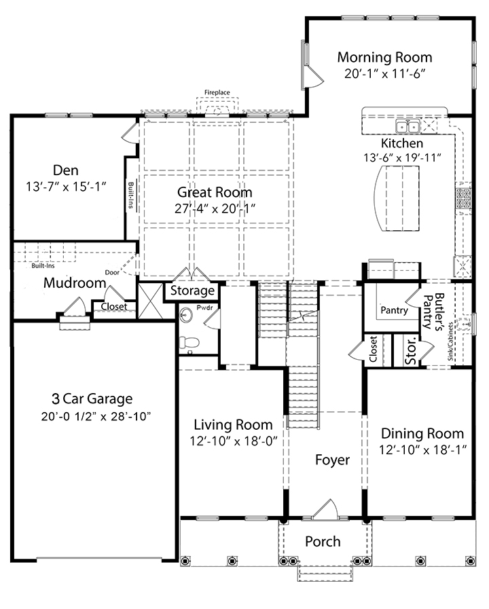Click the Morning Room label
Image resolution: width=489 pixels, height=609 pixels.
pos(384,57)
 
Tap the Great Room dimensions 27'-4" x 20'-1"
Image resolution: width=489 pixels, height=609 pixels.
pos(215,208)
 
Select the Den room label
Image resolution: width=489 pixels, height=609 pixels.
pos(66,170)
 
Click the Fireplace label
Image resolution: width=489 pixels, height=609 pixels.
pos(217,92)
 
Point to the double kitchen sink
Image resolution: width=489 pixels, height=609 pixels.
pos(407,126)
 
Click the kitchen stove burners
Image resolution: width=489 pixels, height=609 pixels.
pos(463,198)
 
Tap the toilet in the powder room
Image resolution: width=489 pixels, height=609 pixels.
pos(189,343)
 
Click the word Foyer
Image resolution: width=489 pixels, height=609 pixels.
pos(333,460)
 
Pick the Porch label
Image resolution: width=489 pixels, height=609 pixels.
pos(323,541)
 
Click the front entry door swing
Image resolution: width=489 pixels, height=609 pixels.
pos(325,509)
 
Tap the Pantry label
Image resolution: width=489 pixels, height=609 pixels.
pos(394,310)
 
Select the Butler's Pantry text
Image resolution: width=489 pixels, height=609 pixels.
pos(433,312)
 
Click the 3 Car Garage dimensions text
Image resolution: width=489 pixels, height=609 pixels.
pos(96,416)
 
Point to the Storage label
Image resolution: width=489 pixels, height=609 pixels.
pos(192,291)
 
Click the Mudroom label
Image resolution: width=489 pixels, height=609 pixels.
pos(75,282)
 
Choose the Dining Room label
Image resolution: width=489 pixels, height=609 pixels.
pos(422,433)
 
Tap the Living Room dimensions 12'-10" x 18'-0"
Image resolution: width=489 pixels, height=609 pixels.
pos(234,441)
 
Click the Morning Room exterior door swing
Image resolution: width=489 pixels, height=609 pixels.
pos(314,76)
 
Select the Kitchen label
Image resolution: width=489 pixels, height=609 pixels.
pos(402,143)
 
